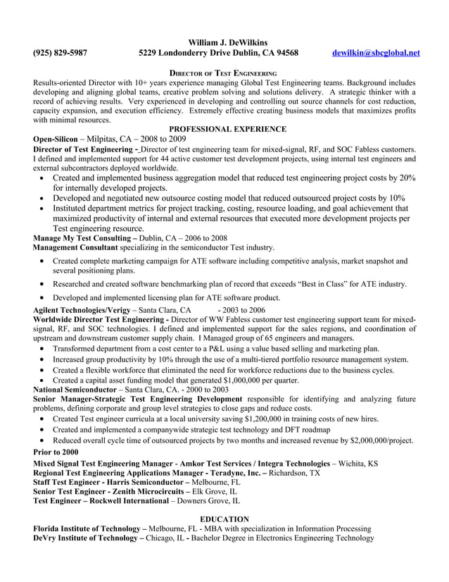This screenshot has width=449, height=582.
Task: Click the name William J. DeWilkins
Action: pyautogui.click(x=228, y=43)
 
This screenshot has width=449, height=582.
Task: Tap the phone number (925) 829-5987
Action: pyautogui.click(x=61, y=53)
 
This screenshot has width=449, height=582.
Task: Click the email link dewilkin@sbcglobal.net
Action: pyautogui.click(x=375, y=53)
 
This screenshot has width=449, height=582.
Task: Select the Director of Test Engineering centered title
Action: pyautogui.click(x=224, y=73)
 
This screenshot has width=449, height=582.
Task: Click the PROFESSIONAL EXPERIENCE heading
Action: pyautogui.click(x=227, y=129)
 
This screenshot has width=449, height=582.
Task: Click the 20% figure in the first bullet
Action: pyautogui.click(x=407, y=178)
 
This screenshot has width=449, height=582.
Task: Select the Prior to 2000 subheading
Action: pyautogui.click(x=56, y=452)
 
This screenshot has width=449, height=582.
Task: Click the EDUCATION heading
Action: pyautogui.click(x=224, y=519)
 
